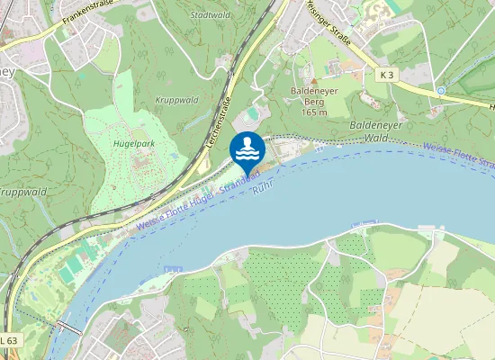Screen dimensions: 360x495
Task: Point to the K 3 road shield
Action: click(386, 76)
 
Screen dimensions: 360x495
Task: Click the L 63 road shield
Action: click(8, 339)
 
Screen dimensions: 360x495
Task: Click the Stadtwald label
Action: click(210, 15)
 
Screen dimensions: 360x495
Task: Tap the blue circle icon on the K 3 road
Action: click(441, 91)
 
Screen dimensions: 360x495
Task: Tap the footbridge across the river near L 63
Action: click(69, 327)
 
